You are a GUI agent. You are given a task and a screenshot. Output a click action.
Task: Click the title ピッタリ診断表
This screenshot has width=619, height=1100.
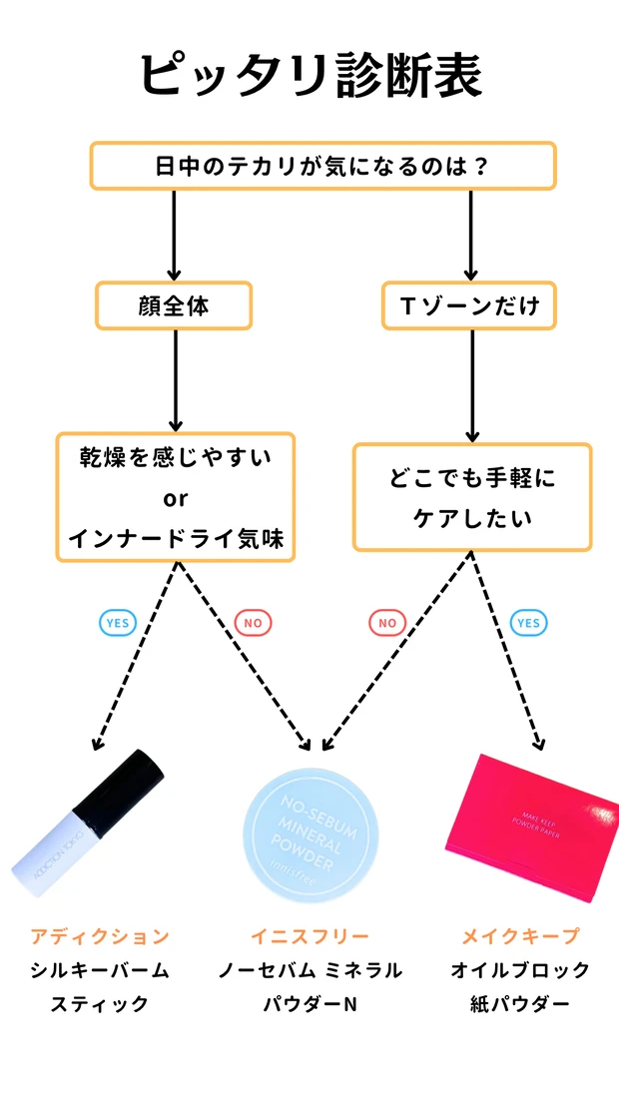click(x=309, y=76)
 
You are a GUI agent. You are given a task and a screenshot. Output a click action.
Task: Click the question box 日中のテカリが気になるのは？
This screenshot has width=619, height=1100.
click(x=322, y=166)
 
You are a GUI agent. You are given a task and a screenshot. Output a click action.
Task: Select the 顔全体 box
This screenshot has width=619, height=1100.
click(x=174, y=305)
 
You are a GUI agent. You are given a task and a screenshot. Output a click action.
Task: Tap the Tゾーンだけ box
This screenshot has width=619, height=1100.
click(x=469, y=305)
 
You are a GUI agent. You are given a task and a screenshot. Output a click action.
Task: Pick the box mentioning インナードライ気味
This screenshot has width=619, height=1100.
click(x=176, y=497)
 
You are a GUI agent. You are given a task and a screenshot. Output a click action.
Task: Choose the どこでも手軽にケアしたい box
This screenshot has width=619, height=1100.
click(x=472, y=497)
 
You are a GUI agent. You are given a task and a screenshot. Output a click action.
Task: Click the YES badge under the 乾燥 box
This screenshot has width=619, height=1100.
click(x=117, y=623)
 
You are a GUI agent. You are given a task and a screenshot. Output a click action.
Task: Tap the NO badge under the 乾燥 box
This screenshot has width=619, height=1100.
click(x=253, y=623)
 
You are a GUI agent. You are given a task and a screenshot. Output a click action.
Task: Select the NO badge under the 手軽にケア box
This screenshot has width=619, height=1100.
click(x=387, y=623)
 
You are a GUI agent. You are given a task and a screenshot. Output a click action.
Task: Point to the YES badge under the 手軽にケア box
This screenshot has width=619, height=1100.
click(x=528, y=623)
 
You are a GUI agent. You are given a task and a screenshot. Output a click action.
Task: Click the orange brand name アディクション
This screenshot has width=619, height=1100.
click(x=100, y=936)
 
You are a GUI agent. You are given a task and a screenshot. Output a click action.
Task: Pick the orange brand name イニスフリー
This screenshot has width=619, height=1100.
click(x=309, y=936)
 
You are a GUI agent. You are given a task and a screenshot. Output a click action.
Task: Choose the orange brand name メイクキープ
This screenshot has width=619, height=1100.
click(x=520, y=936)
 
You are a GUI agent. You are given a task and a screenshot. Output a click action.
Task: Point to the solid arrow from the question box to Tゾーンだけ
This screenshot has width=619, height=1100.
click(x=472, y=235)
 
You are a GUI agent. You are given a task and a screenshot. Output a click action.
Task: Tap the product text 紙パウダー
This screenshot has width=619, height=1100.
click(x=520, y=1003)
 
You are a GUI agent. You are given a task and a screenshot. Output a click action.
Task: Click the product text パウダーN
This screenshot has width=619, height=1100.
click(x=309, y=1003)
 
